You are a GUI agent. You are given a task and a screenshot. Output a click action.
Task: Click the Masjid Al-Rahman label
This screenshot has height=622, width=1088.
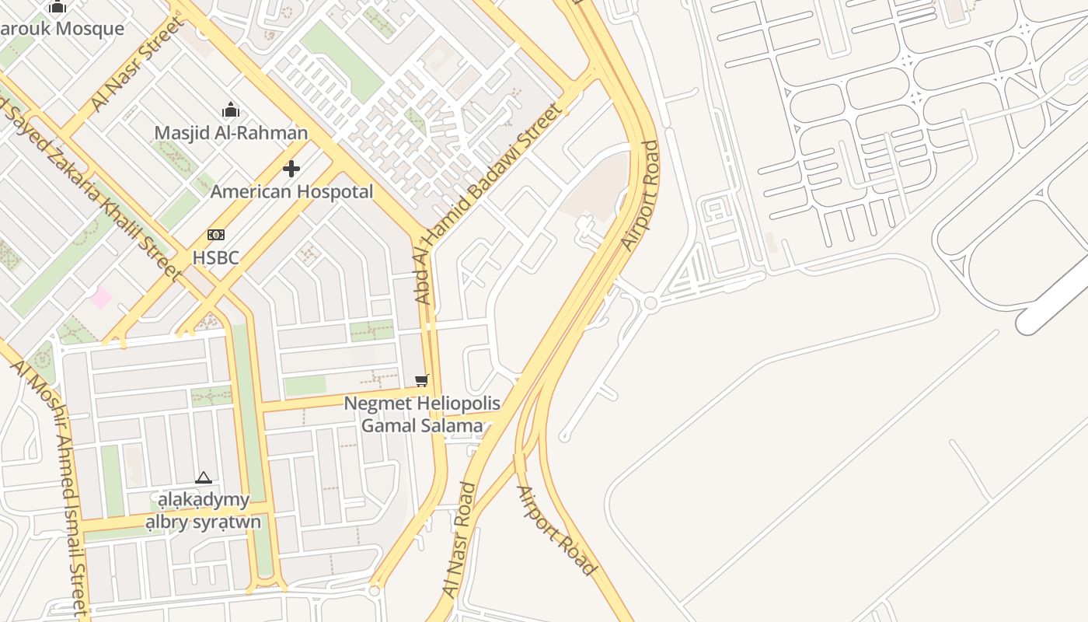pyautogui.click(x=231, y=133)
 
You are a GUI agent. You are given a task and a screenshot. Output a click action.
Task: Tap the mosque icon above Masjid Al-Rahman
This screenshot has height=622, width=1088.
pyautogui.click(x=231, y=110)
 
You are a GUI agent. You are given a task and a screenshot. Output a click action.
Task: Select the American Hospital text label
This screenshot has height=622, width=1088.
pyautogui.click(x=291, y=191)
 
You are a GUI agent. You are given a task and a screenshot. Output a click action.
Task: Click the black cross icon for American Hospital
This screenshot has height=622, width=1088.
pyautogui.click(x=291, y=169)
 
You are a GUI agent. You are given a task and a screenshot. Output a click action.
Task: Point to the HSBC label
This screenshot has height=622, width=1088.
pyautogui.click(x=215, y=257)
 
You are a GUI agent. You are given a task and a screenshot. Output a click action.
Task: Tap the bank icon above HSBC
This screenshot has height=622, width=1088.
pyautogui.click(x=215, y=235)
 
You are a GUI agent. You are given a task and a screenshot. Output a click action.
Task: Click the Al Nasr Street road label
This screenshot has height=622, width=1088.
pyautogui.click(x=138, y=65)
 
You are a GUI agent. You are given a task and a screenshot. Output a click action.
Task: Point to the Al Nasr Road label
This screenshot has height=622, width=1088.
pyautogui.click(x=459, y=540)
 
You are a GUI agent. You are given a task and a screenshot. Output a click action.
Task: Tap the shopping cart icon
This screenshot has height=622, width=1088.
pyautogui.click(x=421, y=380)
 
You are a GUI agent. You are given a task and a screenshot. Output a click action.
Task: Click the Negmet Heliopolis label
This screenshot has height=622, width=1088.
pyautogui.click(x=422, y=404)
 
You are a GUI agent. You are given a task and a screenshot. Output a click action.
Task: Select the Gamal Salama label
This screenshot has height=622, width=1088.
pyautogui.click(x=422, y=425)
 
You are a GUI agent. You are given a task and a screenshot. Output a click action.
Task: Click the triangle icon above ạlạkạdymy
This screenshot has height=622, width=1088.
pyautogui.click(x=204, y=477)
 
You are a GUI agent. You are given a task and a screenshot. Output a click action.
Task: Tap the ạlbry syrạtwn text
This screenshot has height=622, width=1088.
pyautogui.click(x=204, y=522)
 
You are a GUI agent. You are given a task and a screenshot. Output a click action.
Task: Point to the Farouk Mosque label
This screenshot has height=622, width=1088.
pyautogui.click(x=62, y=29)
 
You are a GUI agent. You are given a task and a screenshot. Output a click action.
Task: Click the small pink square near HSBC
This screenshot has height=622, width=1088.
pyautogui.click(x=100, y=296)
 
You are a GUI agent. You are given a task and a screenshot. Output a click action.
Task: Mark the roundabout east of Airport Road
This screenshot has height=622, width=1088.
pyautogui.click(x=650, y=302)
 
